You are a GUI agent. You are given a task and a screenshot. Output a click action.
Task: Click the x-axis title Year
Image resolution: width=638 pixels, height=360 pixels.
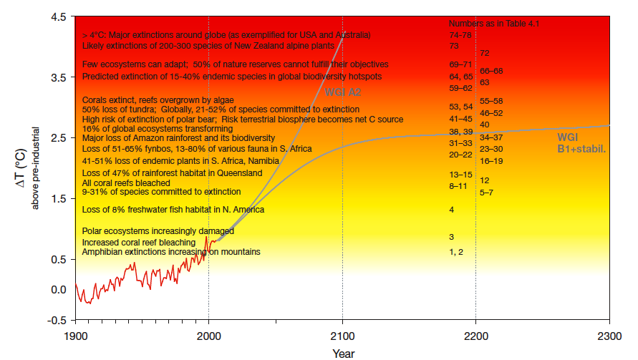click(x=342, y=353)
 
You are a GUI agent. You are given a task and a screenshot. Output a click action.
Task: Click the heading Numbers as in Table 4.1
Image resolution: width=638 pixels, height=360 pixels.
click(x=493, y=24)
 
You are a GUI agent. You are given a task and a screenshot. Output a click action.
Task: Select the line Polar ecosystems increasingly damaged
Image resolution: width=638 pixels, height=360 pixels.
click(x=158, y=231)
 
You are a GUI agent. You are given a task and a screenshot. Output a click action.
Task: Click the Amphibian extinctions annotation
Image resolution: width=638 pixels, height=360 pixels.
click(x=171, y=252)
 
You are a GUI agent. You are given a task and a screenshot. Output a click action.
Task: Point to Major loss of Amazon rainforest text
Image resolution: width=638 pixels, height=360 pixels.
click(x=178, y=137)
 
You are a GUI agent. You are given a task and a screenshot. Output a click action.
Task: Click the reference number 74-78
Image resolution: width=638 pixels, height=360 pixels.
click(x=460, y=34)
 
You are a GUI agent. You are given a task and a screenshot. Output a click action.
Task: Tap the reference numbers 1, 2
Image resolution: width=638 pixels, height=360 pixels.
click(x=456, y=252)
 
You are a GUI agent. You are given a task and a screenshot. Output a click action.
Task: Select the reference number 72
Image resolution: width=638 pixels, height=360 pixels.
click(x=485, y=53)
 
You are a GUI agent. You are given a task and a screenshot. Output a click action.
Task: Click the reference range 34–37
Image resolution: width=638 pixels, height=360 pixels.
click(x=491, y=137)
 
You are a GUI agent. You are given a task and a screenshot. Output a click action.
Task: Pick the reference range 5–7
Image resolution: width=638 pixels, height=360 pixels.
click(x=486, y=193)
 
